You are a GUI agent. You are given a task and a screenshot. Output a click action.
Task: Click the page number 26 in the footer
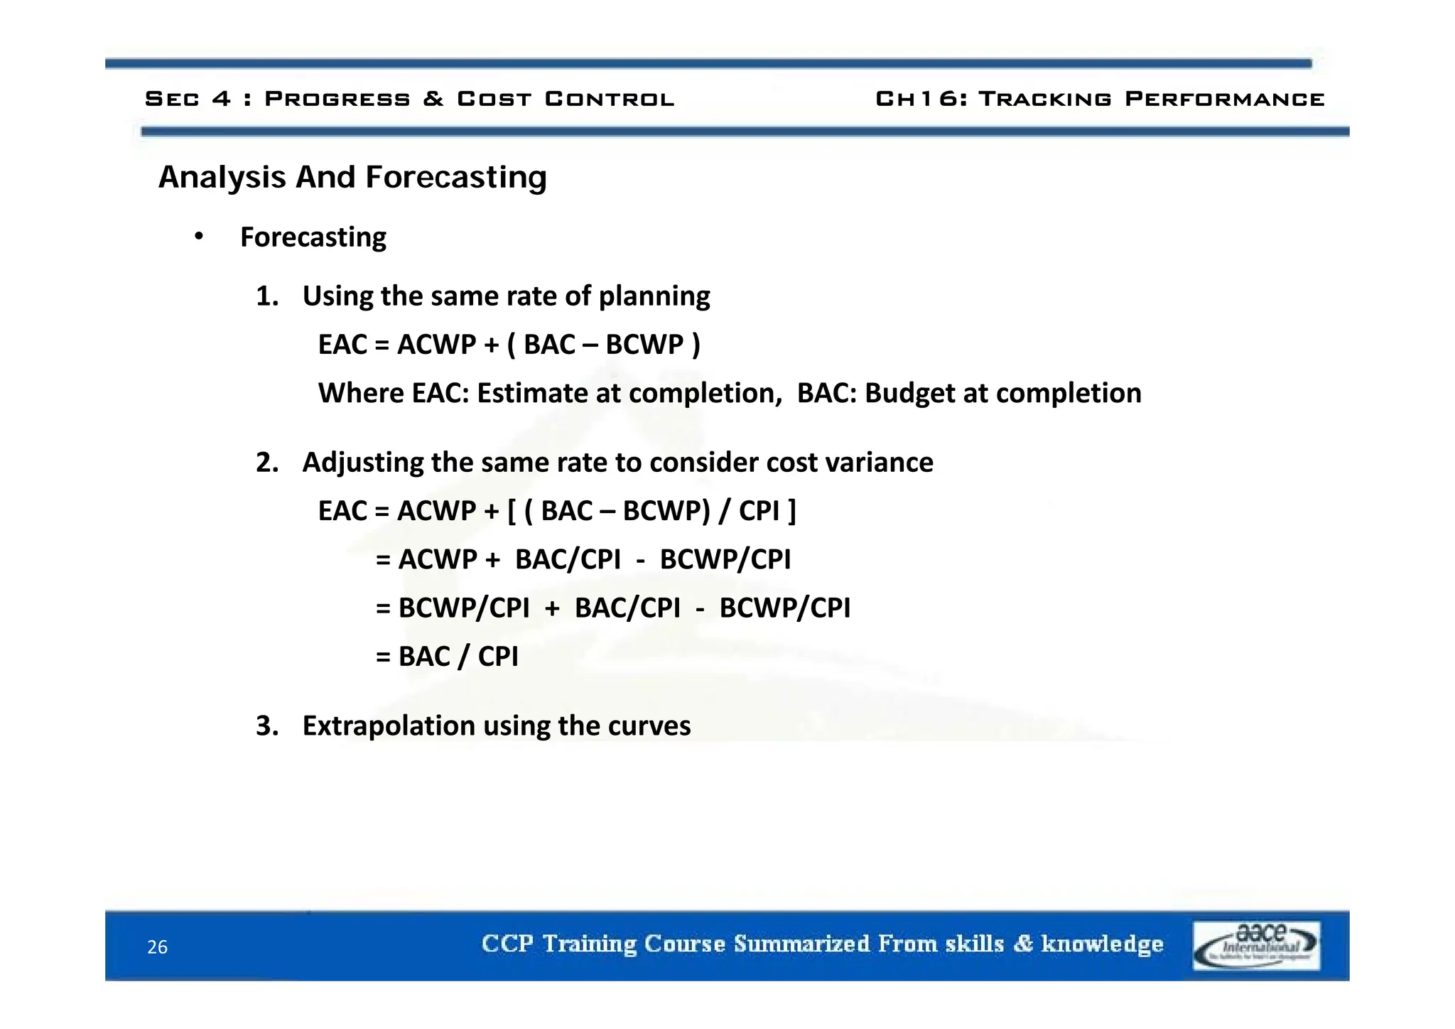pos(157,947)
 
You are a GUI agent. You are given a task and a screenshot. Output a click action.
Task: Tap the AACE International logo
pos(1255,945)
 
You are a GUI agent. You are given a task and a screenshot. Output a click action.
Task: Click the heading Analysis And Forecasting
pos(352,177)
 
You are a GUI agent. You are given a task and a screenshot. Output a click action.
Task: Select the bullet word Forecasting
pos(313,237)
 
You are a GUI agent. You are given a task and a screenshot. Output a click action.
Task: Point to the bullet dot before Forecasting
pos(199,237)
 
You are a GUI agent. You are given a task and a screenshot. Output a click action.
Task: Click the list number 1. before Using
pos(267,296)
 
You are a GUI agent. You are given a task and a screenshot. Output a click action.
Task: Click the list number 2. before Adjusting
pos(267,463)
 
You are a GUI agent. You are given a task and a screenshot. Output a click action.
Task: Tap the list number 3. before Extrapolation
pos(267,726)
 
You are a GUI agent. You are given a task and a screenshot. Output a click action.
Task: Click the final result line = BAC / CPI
pos(448,656)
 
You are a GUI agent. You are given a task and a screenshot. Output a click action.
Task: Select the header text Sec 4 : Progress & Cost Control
pos(409,99)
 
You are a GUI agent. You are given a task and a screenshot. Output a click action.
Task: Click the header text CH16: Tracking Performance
pos(1100,99)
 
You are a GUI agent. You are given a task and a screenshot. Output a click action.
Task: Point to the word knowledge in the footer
pos(1102,944)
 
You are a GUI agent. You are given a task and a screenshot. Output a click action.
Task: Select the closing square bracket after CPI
pos(791,511)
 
